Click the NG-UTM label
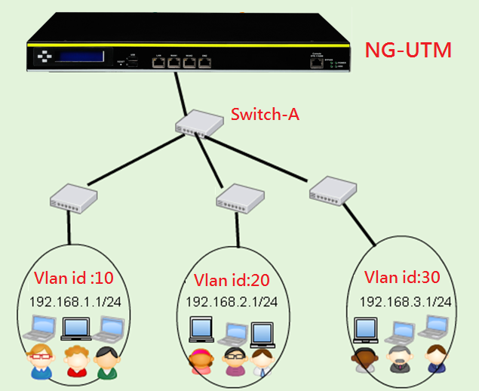[408, 51]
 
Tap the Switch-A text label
[264, 115]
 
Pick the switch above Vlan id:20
[241, 199]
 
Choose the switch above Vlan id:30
[333, 189]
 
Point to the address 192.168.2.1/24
[232, 302]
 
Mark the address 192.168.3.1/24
[406, 301]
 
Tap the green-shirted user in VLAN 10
[108, 362]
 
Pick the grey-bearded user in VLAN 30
[398, 359]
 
